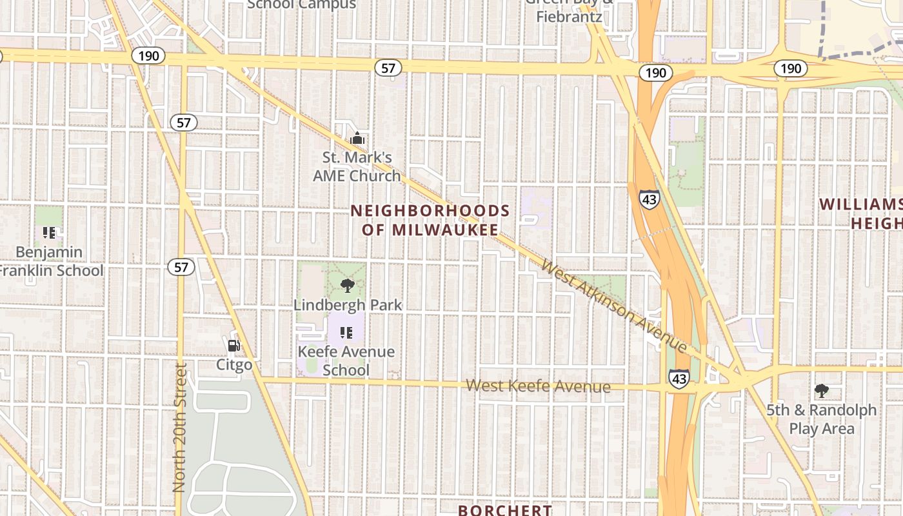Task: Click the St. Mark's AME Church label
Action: tap(357, 166)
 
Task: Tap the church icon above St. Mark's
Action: tap(357, 138)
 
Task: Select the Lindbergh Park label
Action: tap(348, 305)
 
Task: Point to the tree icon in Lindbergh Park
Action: tap(348, 285)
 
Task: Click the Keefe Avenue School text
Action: tap(346, 361)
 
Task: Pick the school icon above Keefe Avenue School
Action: tap(346, 333)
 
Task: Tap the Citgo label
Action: tap(234, 365)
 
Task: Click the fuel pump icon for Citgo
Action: tap(234, 346)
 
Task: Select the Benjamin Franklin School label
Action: tap(50, 261)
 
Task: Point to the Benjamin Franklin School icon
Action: tap(49, 233)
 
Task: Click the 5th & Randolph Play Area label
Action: tap(821, 419)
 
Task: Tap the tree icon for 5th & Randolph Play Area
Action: tap(821, 390)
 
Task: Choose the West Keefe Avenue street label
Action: tap(538, 386)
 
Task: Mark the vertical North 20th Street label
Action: tap(180, 427)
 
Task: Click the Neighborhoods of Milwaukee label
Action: tap(430, 221)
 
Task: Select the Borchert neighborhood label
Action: tap(504, 510)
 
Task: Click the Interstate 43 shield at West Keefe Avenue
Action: tap(679, 379)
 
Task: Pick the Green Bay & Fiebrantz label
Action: tap(570, 12)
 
